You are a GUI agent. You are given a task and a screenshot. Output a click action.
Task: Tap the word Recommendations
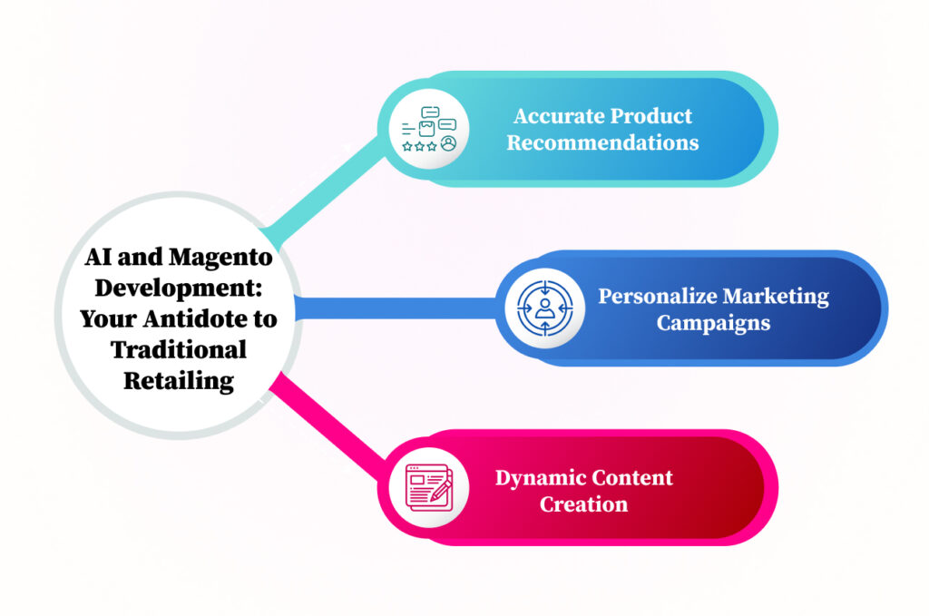pos(602,143)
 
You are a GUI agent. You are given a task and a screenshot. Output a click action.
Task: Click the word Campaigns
pos(713,323)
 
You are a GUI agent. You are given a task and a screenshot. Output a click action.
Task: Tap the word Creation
pos(583,504)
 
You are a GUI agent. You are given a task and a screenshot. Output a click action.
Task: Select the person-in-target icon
pos(544,308)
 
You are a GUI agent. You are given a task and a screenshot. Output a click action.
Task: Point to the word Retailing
pos(179,380)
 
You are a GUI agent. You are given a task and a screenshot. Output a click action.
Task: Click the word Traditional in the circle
pos(179,349)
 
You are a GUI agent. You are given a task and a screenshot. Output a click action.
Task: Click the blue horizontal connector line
pos(399,308)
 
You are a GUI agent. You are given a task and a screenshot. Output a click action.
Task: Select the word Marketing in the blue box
pos(771,297)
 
